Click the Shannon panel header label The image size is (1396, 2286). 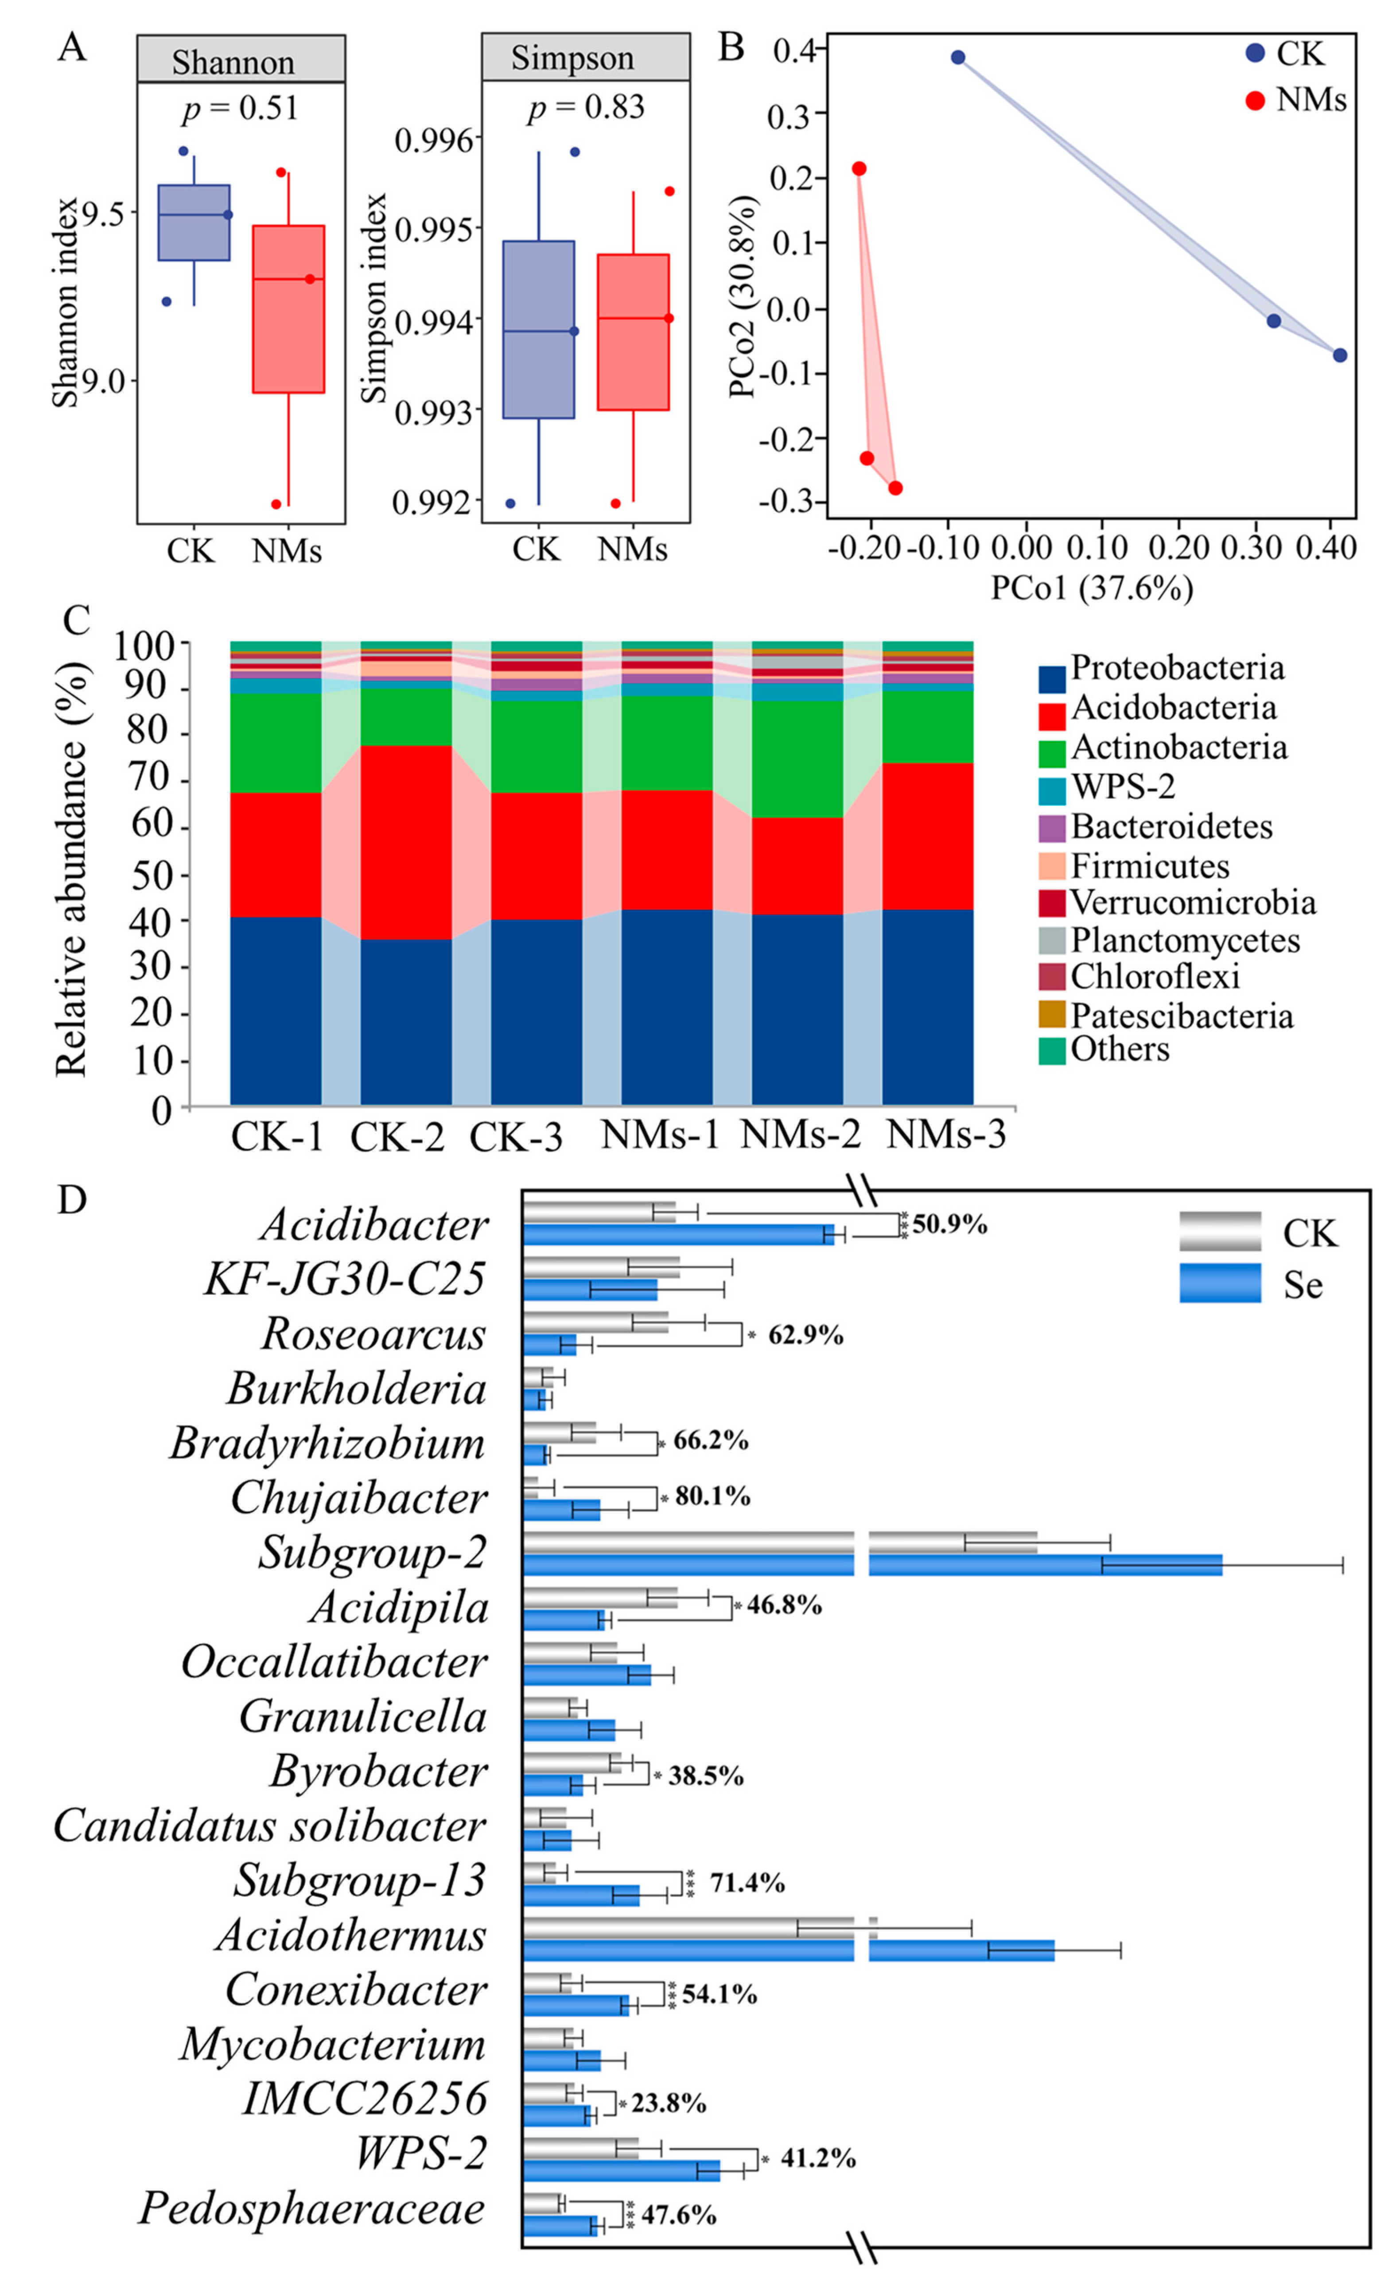[x=233, y=62]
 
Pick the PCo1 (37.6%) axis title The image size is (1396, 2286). [x=1092, y=587]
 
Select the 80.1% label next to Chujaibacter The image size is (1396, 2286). [x=712, y=1497]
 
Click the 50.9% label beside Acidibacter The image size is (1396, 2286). [x=949, y=1225]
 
